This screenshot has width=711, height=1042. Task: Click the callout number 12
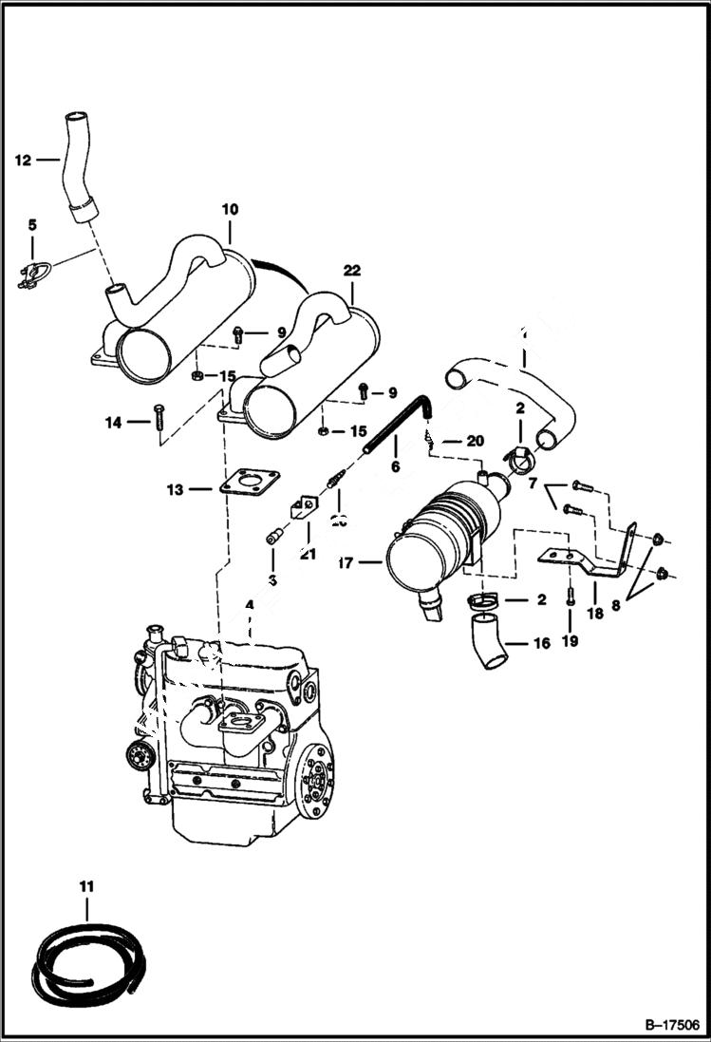tap(23, 161)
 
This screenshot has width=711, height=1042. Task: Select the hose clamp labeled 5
tap(31, 275)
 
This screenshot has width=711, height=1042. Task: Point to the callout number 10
tap(230, 209)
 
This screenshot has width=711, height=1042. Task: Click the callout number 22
tap(352, 271)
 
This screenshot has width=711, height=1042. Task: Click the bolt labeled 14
tap(158, 420)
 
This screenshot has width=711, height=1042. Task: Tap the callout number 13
tap(175, 489)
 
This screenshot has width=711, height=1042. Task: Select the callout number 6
tap(395, 466)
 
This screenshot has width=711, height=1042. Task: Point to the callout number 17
tap(346, 563)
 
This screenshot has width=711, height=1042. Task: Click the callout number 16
tap(542, 643)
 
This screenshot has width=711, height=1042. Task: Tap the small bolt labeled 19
tap(569, 597)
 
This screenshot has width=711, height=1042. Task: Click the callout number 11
tap(86, 886)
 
